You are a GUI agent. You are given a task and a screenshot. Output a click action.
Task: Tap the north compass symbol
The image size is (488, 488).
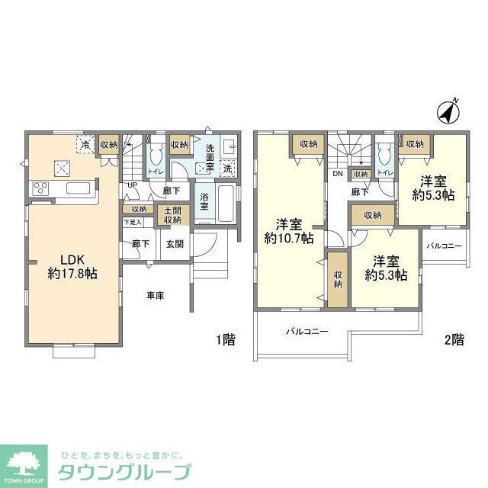pyautogui.click(x=448, y=112)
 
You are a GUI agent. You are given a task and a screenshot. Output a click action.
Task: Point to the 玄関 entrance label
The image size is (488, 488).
pyautogui.click(x=175, y=244)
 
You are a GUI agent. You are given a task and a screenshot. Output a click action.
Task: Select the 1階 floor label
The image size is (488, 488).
pyautogui.click(x=225, y=341)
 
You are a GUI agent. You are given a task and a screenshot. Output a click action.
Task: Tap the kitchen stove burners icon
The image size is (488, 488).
pyautogui.click(x=40, y=188)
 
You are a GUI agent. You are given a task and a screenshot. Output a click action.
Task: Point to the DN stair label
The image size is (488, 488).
pyautogui.click(x=337, y=174)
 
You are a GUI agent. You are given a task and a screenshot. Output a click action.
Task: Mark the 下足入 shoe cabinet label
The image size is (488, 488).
pyautogui.click(x=133, y=222)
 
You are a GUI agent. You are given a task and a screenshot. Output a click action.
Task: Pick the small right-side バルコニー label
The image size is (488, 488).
pyautogui.click(x=444, y=246)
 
